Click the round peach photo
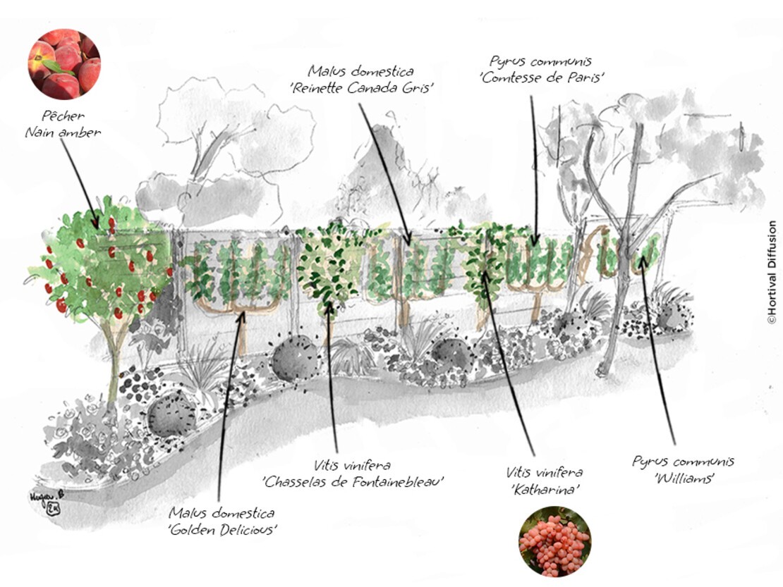64,64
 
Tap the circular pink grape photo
554,542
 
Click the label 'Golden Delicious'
222,530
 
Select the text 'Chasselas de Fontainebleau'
353,482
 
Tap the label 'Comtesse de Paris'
542,78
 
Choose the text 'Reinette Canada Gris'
362,88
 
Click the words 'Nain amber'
63,132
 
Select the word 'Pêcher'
63,116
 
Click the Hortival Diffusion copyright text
772,272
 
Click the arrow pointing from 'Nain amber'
80,183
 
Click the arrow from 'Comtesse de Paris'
534,171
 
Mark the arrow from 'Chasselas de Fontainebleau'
332,376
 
